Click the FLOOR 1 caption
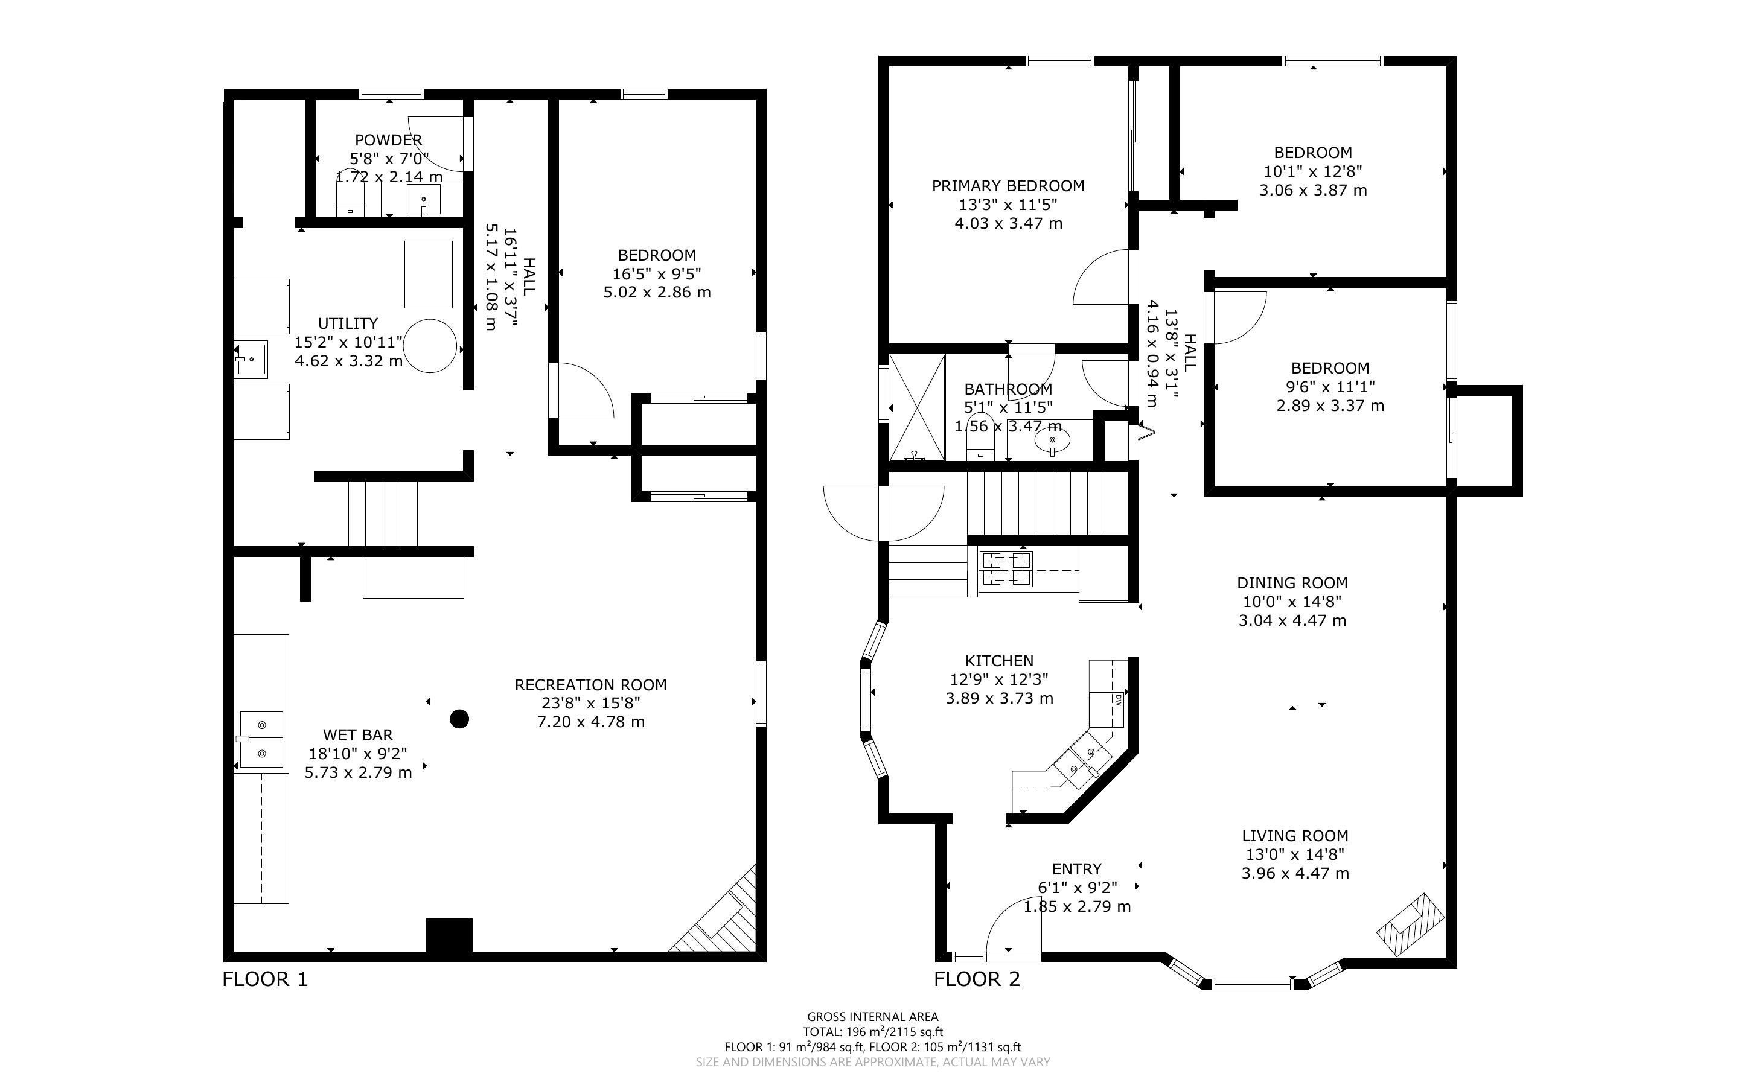265,979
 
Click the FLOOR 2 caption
977,979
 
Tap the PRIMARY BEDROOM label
1008,186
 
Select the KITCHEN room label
1000,660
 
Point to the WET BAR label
358,734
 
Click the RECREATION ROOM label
590,685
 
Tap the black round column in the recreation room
459,719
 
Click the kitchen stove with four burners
1006,568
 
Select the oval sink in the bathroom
1052,439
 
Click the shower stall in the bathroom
917,408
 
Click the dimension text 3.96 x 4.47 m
1295,873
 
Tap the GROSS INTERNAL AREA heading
872,1017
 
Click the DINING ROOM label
1292,583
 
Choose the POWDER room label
388,140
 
